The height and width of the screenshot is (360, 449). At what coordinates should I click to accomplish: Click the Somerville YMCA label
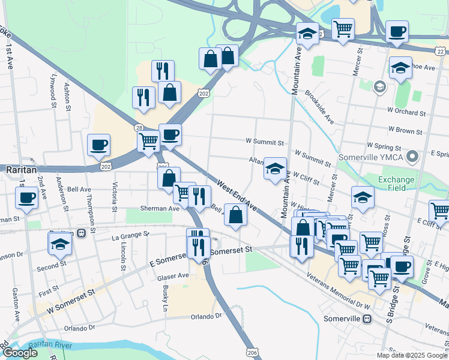(x=373, y=157)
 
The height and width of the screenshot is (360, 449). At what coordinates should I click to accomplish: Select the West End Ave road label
(x=237, y=195)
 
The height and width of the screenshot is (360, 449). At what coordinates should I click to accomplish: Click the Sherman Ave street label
(x=160, y=208)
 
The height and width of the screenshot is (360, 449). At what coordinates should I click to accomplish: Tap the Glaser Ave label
(x=173, y=276)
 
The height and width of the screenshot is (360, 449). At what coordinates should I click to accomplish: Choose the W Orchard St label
(x=406, y=112)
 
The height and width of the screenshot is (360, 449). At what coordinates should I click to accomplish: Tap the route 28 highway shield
(x=139, y=128)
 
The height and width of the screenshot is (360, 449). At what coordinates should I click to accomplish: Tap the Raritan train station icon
(x=80, y=233)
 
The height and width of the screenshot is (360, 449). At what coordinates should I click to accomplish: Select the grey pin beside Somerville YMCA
(x=412, y=157)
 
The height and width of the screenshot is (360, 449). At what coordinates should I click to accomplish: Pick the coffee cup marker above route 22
(x=397, y=32)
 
